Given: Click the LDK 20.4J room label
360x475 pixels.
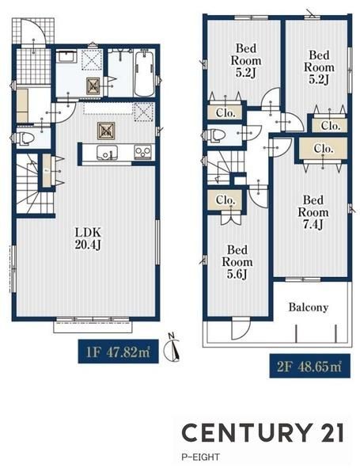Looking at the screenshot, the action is click(88, 238).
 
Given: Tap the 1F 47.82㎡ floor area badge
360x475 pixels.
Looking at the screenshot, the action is click(119, 351).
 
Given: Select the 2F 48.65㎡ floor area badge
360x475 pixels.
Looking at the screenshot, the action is click(309, 366).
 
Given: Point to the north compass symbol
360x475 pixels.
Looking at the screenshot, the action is click(172, 348).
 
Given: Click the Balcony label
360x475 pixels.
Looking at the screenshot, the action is click(309, 307).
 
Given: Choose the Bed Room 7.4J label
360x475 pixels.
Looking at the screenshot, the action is click(313, 212).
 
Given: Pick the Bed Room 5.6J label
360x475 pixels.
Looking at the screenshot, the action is click(237, 262).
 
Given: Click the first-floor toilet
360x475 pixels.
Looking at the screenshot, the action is click(25, 139).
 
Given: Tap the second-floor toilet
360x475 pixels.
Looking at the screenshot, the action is click(216, 135).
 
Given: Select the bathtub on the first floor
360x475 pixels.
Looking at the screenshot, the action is click(144, 74).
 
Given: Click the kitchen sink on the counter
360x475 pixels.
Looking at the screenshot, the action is click(107, 152).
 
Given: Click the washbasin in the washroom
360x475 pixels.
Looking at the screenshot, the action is click(66, 56).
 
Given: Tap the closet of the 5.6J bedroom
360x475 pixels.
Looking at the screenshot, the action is click(225, 200).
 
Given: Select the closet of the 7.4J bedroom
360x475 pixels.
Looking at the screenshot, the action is click(324, 149).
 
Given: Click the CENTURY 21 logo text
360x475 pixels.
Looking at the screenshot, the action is click(263, 432).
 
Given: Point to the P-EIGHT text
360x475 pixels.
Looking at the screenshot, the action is click(200, 457).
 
